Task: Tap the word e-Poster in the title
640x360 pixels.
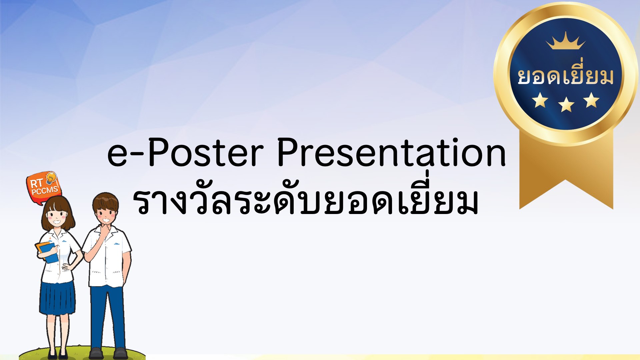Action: click(185, 152)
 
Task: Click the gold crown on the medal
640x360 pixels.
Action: click(566, 41)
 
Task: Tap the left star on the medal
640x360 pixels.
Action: click(540, 100)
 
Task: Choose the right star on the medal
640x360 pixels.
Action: click(592, 100)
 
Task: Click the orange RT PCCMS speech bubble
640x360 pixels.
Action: click(44, 188)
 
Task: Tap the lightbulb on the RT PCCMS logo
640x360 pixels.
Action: click(51, 178)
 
